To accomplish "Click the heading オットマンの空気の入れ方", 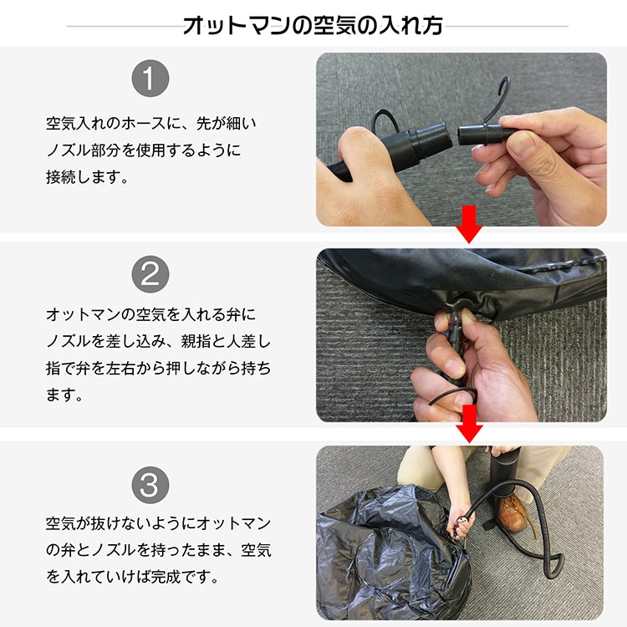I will [313, 25].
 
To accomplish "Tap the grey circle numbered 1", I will [150, 79].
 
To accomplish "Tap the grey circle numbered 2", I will [150, 274].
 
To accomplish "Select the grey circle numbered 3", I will [150, 484].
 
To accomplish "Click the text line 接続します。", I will [87, 177].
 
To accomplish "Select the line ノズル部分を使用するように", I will [142, 150].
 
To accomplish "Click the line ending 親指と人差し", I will [158, 342].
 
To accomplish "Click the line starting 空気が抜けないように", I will [158, 524].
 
